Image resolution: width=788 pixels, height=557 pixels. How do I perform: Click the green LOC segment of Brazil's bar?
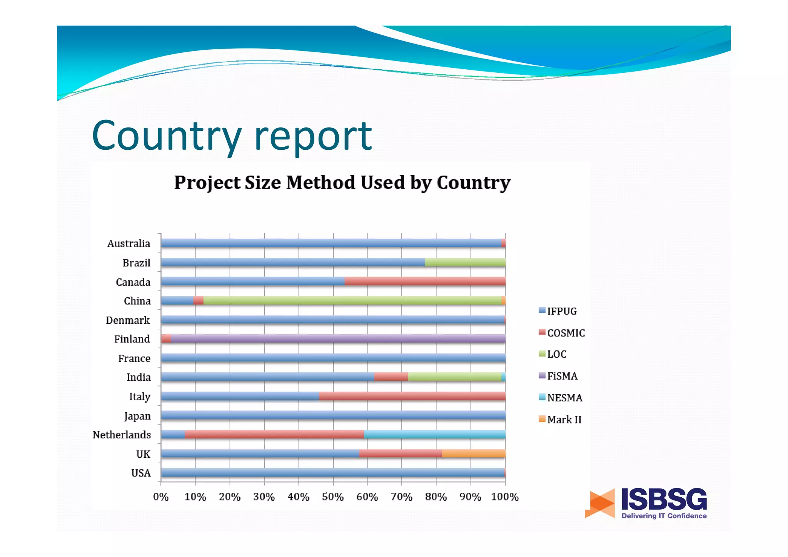click(465, 262)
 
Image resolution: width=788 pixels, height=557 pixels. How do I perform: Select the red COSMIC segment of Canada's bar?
click(425, 281)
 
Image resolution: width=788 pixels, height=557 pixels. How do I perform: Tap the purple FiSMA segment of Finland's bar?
click(338, 339)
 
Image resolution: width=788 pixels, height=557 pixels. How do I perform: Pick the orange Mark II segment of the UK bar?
click(473, 453)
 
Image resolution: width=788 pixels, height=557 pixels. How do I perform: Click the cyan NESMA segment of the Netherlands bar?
click(434, 434)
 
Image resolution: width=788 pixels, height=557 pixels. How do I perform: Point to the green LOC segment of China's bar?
click(352, 301)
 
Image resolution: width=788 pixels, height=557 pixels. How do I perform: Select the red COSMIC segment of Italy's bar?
click(412, 396)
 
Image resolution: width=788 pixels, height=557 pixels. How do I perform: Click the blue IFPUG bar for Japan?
click(333, 415)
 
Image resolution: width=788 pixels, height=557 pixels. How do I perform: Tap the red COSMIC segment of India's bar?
click(391, 377)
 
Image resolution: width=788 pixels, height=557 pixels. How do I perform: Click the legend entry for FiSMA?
click(562, 376)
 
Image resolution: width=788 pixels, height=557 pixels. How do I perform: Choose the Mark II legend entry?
click(564, 420)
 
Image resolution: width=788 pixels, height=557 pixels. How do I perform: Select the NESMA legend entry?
click(564, 398)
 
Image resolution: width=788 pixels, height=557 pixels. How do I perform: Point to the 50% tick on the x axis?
click(333, 497)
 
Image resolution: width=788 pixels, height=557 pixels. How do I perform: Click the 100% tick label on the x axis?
click(505, 497)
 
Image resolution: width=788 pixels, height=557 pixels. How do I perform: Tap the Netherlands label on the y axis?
click(122, 435)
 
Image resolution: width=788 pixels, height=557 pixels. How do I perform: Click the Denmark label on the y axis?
click(128, 320)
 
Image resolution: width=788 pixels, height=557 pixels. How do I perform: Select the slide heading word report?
click(313, 135)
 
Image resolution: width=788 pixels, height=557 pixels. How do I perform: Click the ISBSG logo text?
click(664, 499)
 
